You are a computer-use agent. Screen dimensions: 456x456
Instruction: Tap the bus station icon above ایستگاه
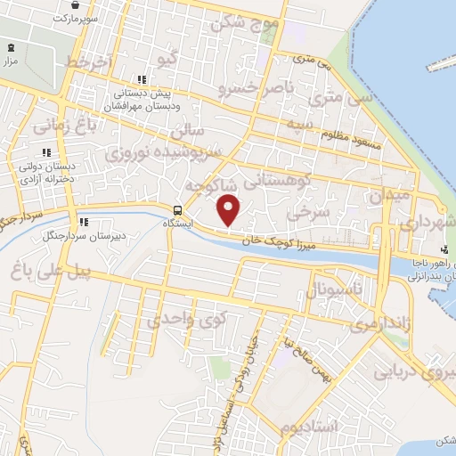click(x=178, y=211)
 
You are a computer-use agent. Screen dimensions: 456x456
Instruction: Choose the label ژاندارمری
click(x=377, y=326)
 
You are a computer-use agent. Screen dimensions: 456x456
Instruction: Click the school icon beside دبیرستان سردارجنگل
click(x=84, y=222)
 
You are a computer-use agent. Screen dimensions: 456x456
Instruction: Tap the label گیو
click(x=167, y=60)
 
